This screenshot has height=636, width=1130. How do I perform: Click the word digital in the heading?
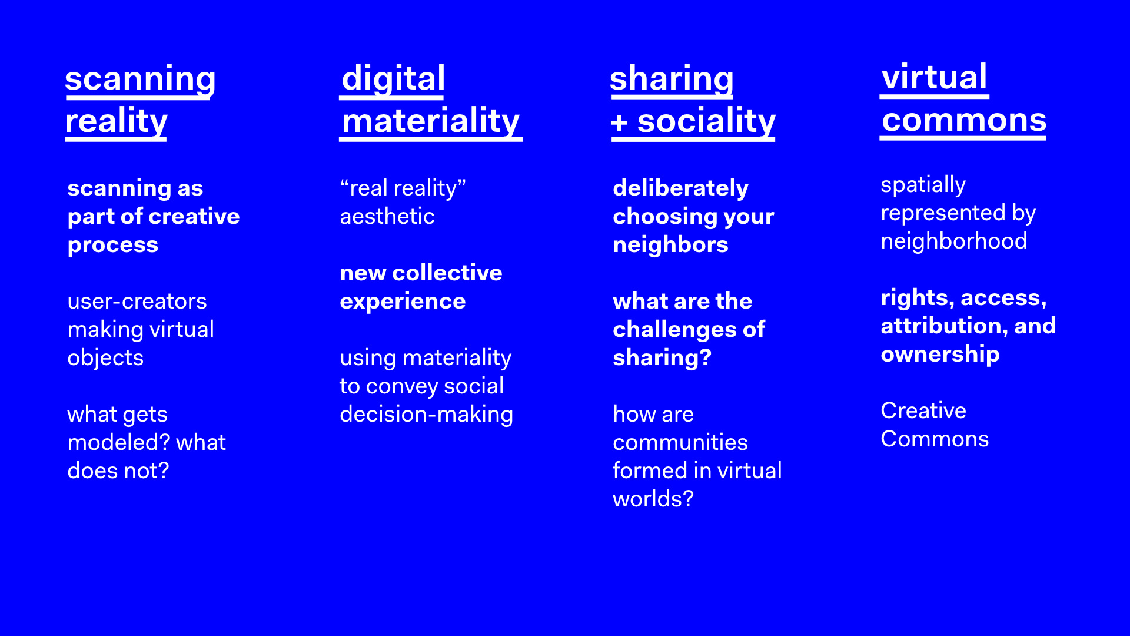[393, 78]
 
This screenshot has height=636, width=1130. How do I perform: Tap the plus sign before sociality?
[619, 123]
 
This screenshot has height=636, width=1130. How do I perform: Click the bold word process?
[113, 245]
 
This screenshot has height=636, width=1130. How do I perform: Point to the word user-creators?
[137, 301]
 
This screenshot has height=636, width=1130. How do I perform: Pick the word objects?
[106, 358]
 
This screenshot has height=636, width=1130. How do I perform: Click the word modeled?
[118, 442]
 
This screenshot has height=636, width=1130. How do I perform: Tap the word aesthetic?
[387, 216]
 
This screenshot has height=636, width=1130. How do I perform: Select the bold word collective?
[447, 273]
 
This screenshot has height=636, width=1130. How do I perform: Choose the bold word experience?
[403, 302]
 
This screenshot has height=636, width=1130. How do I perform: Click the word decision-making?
[427, 415]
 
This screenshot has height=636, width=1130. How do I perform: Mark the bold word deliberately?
[681, 188]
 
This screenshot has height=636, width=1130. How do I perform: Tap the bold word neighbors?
[671, 244]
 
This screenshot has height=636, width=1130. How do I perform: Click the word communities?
[680, 442]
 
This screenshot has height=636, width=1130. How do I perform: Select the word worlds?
[653, 499]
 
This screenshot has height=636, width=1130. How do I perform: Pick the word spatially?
[923, 185]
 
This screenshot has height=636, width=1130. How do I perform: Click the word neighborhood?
[954, 241]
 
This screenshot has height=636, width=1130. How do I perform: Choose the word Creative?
[923, 410]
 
